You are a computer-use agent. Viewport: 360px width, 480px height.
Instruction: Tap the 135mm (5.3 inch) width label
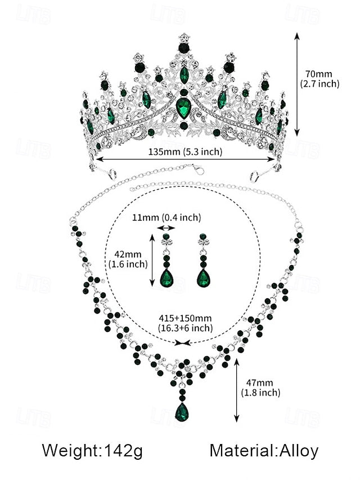186,151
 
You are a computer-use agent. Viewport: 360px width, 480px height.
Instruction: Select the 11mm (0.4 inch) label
166,217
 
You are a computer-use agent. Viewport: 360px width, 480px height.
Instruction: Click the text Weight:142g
92,450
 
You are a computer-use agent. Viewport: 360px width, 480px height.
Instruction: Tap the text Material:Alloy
264,450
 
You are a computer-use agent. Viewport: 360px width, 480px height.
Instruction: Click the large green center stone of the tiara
184,107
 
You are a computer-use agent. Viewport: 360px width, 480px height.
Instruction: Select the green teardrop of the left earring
166,277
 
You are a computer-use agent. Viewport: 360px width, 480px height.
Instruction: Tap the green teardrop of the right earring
203,277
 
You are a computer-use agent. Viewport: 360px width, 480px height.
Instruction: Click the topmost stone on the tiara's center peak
184,38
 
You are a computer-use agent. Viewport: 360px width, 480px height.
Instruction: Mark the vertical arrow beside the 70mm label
297,84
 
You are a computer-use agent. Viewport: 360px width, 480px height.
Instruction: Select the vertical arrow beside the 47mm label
237,391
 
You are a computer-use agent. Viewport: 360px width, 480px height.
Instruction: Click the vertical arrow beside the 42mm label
152,260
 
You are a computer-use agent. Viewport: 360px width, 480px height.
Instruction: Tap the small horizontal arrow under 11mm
166,228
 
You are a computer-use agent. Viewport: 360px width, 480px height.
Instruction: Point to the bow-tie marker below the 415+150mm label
183,342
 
